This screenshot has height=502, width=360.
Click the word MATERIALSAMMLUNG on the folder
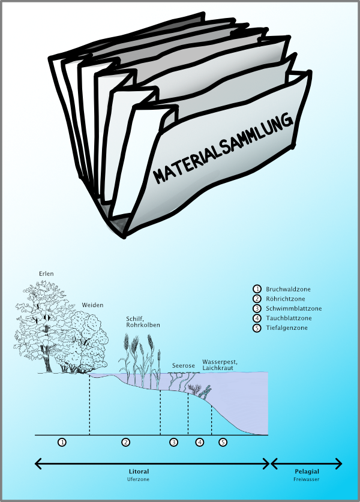pos(223,148)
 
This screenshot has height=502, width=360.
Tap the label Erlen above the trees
pos(46,274)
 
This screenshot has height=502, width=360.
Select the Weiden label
pos(93,305)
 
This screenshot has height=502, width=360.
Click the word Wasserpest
pos(220,362)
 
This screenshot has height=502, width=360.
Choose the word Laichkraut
pos(217,369)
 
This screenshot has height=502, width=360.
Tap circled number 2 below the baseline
pos(126,442)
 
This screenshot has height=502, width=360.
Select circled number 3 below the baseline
pos(173,442)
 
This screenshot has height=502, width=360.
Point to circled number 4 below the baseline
pos(200,442)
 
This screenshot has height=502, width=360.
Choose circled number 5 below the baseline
pos(223,442)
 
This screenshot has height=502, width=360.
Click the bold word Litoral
pos(139,471)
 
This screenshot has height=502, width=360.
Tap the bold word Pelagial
pos(307,471)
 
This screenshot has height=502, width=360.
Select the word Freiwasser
pos(307,480)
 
